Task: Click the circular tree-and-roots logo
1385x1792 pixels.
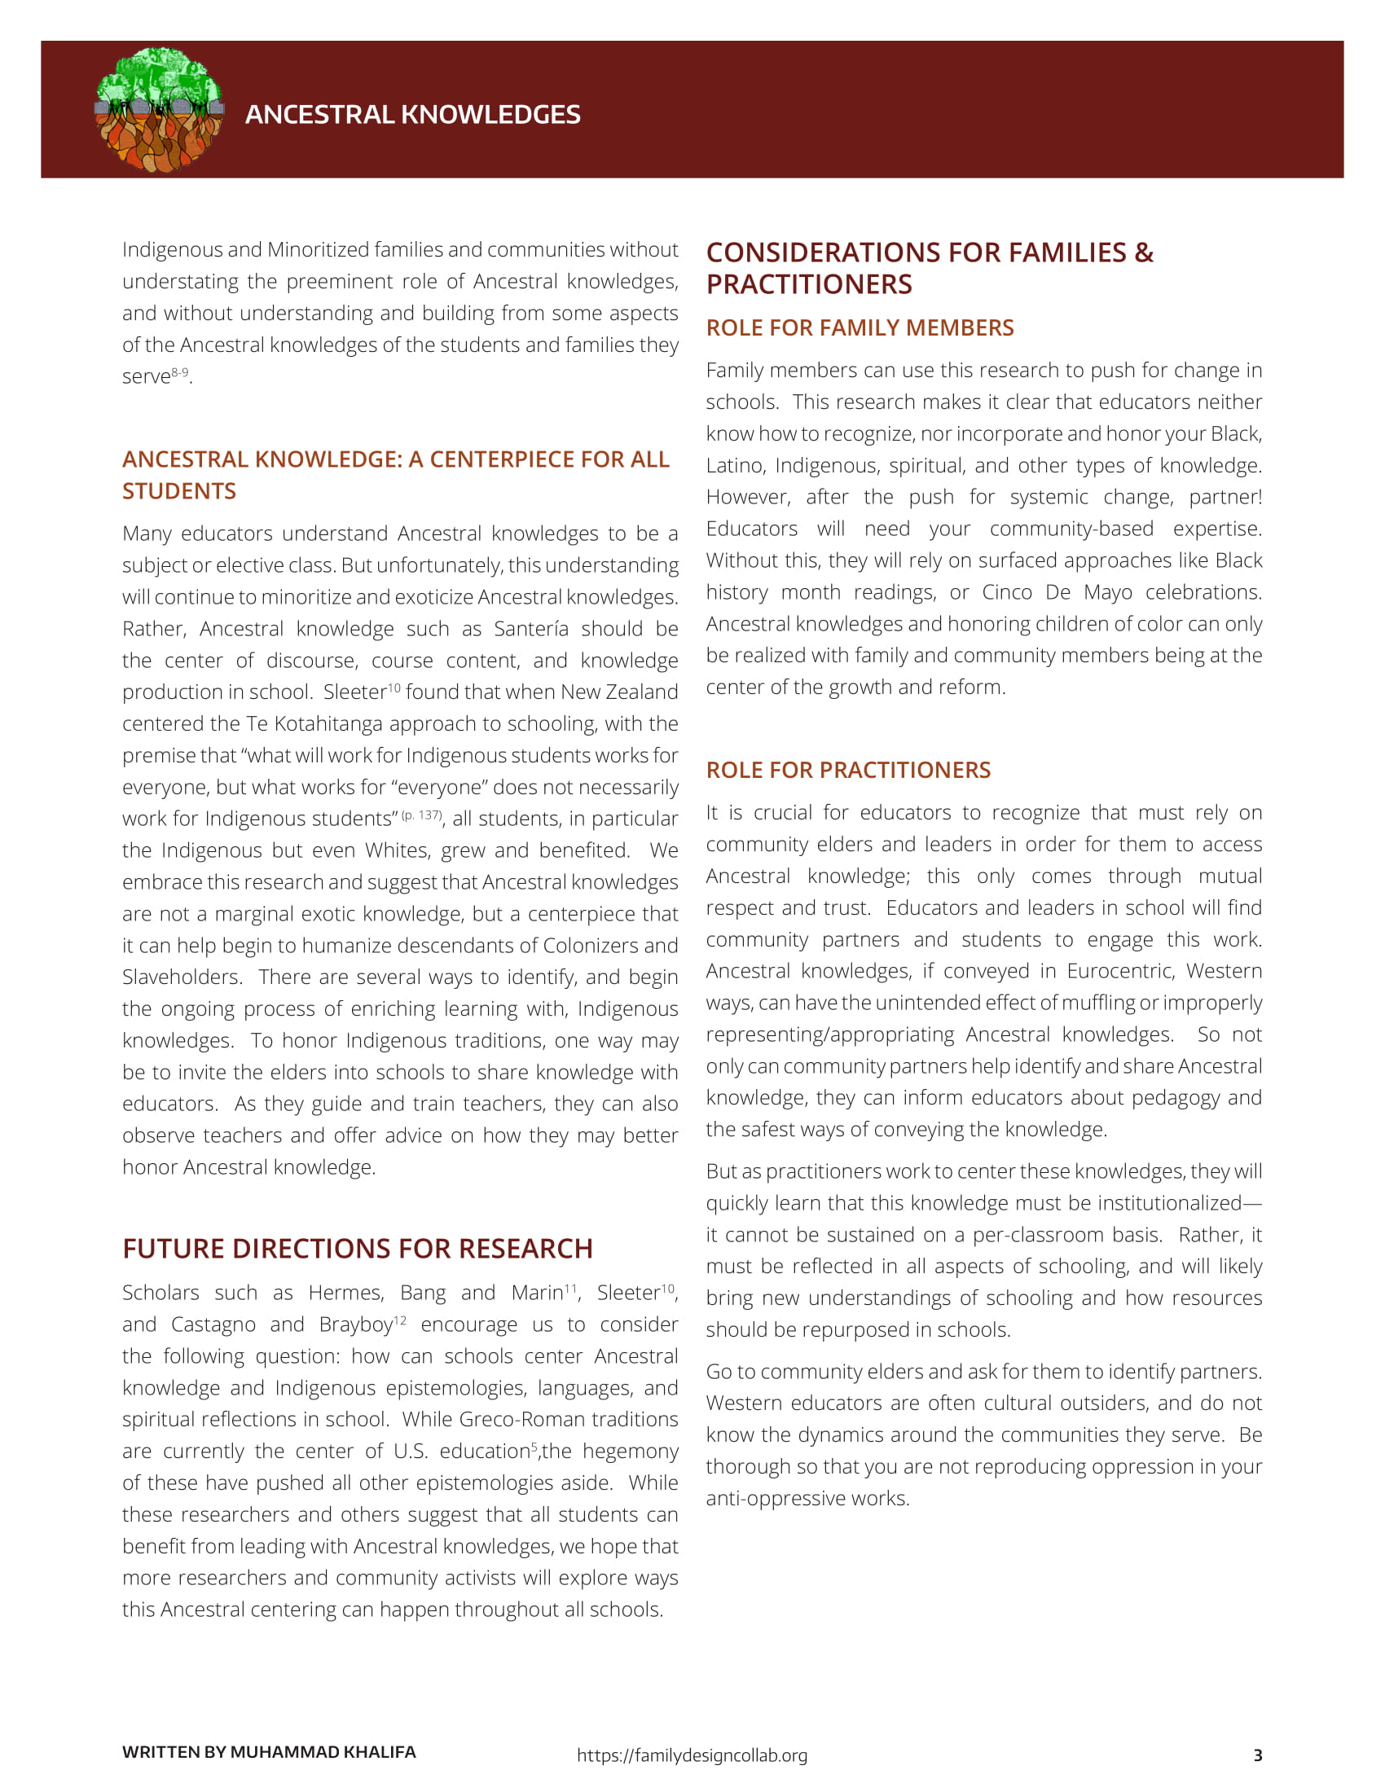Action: (159, 110)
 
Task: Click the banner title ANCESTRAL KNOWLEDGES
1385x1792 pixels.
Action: (412, 114)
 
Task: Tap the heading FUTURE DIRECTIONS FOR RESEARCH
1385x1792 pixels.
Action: (357, 1248)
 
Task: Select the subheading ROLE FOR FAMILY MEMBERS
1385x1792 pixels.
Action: (859, 327)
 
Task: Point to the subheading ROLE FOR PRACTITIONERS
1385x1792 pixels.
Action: (847, 770)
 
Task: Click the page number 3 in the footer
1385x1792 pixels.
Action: (1257, 1755)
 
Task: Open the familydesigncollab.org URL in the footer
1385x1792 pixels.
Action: (692, 1755)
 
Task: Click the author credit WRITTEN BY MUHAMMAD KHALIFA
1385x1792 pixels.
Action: (268, 1752)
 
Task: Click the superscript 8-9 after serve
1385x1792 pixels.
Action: (180, 371)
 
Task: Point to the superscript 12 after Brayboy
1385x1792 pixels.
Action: (399, 1320)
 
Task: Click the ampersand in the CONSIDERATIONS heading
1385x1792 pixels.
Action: (1143, 253)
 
